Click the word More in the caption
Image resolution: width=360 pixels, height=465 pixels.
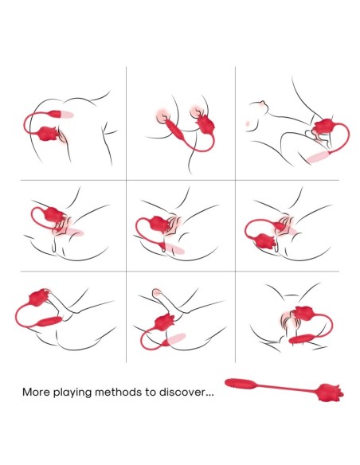pos(37,392)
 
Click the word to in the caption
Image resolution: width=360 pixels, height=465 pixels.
pos(151,392)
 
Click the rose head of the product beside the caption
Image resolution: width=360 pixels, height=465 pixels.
pos(330,393)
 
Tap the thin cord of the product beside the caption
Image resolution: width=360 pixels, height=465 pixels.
pos(286,388)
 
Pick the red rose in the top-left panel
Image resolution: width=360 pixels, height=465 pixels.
pos(49,134)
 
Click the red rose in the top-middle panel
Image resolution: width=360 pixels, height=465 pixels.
pos(205,125)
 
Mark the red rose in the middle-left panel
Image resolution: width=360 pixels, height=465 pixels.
pos(54,215)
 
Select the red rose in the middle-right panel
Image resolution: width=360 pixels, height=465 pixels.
pos(265,241)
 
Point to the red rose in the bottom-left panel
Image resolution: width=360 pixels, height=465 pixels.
pos(39,298)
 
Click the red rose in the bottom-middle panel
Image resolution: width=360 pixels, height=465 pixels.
pos(165,322)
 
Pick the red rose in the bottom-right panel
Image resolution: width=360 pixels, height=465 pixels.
pos(303,316)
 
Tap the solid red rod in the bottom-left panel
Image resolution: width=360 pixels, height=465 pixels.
pos(49,321)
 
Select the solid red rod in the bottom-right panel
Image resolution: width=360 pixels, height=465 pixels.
pos(301,339)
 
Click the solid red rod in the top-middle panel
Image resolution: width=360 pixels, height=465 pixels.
pos(175,131)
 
